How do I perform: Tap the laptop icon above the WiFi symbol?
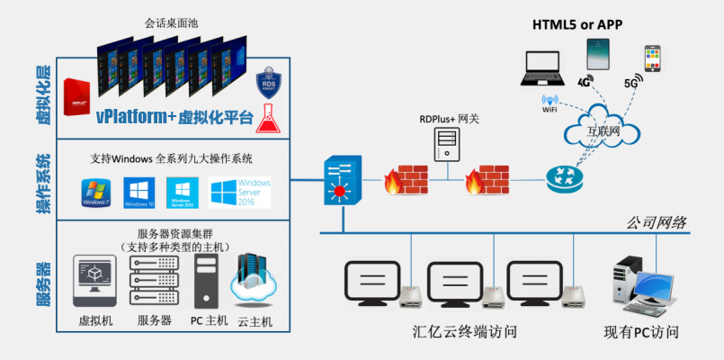(546, 69)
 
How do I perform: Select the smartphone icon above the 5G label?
(654, 60)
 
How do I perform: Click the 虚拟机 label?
(96, 320)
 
